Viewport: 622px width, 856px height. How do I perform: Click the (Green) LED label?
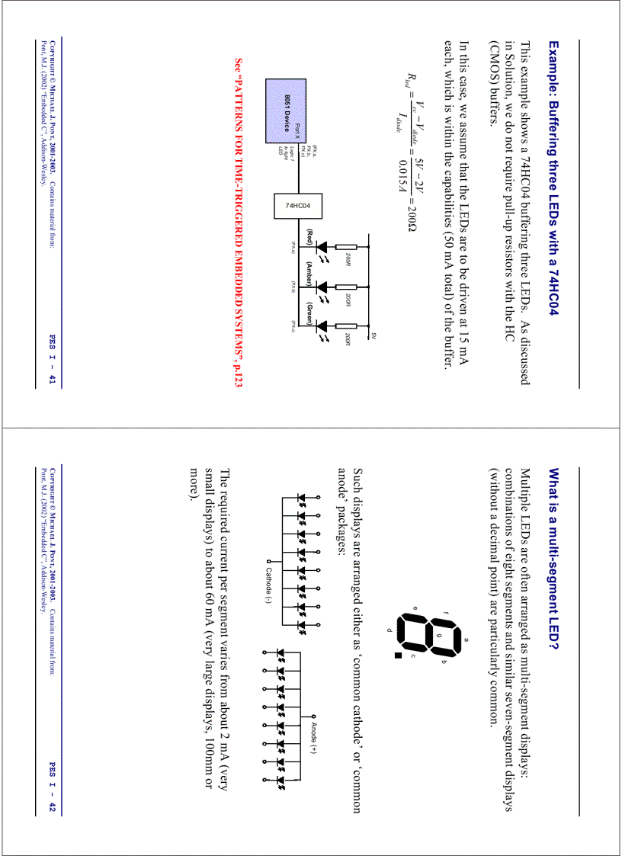pos(310,313)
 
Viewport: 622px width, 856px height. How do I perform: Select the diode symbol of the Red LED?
pos(324,248)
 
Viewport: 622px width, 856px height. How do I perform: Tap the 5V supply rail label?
pos(374,335)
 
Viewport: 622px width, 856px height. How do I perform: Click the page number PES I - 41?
pos(53,360)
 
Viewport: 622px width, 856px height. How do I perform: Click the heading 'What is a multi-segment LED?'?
pos(554,560)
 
